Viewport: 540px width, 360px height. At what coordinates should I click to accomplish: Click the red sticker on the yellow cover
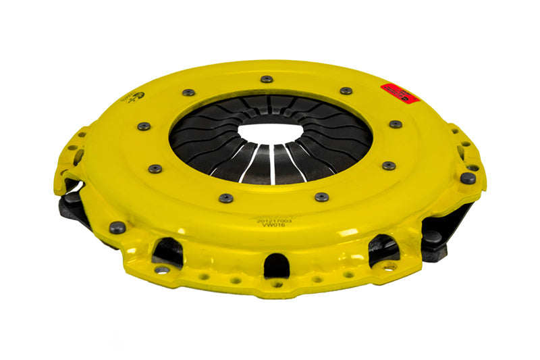click(x=400, y=93)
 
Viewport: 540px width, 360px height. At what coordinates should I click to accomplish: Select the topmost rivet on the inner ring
click(x=267, y=79)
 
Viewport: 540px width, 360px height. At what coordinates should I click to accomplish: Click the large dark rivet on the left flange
click(x=117, y=228)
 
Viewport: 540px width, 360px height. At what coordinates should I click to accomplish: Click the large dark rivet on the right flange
click(x=467, y=178)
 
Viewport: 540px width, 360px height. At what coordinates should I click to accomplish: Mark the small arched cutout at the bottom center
click(x=276, y=264)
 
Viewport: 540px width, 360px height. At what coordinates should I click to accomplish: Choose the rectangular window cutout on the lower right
click(x=383, y=248)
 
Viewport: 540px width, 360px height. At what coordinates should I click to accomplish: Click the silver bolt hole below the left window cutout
click(x=162, y=269)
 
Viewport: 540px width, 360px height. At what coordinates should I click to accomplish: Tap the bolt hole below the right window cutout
click(x=389, y=267)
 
